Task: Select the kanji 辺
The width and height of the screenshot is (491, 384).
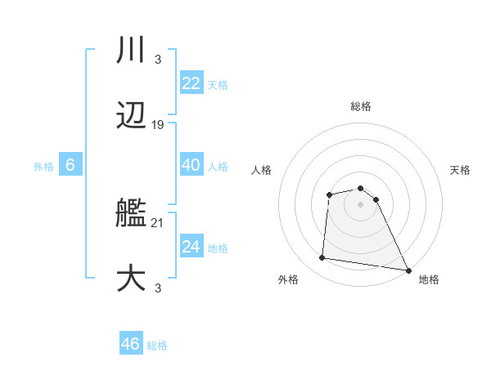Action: click(x=131, y=117)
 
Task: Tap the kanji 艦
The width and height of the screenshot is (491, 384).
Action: click(x=131, y=214)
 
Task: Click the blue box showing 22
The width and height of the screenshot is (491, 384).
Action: click(x=191, y=83)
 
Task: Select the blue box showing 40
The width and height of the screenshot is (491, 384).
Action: click(x=191, y=165)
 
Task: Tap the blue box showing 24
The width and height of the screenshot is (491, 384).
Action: click(x=191, y=247)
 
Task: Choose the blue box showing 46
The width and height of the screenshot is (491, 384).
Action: click(x=131, y=344)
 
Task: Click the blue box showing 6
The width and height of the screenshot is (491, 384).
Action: click(x=70, y=165)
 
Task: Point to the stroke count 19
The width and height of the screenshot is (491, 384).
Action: click(x=158, y=125)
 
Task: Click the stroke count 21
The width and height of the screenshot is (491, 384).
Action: click(x=158, y=222)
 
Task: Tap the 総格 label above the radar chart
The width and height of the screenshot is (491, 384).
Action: click(x=360, y=106)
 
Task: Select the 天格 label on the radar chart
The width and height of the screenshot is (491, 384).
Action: click(x=460, y=170)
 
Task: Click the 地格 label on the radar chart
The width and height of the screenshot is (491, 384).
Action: click(x=429, y=279)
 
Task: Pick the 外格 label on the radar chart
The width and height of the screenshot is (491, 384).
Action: click(x=288, y=279)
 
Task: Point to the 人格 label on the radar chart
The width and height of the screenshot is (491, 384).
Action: click(x=261, y=170)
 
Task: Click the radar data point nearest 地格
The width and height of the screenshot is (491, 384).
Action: click(x=408, y=270)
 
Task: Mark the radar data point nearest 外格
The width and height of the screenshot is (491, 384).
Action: click(x=322, y=258)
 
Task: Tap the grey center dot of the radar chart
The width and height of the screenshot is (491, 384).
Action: click(x=360, y=204)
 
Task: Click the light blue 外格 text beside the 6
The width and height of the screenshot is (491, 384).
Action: click(x=43, y=166)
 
